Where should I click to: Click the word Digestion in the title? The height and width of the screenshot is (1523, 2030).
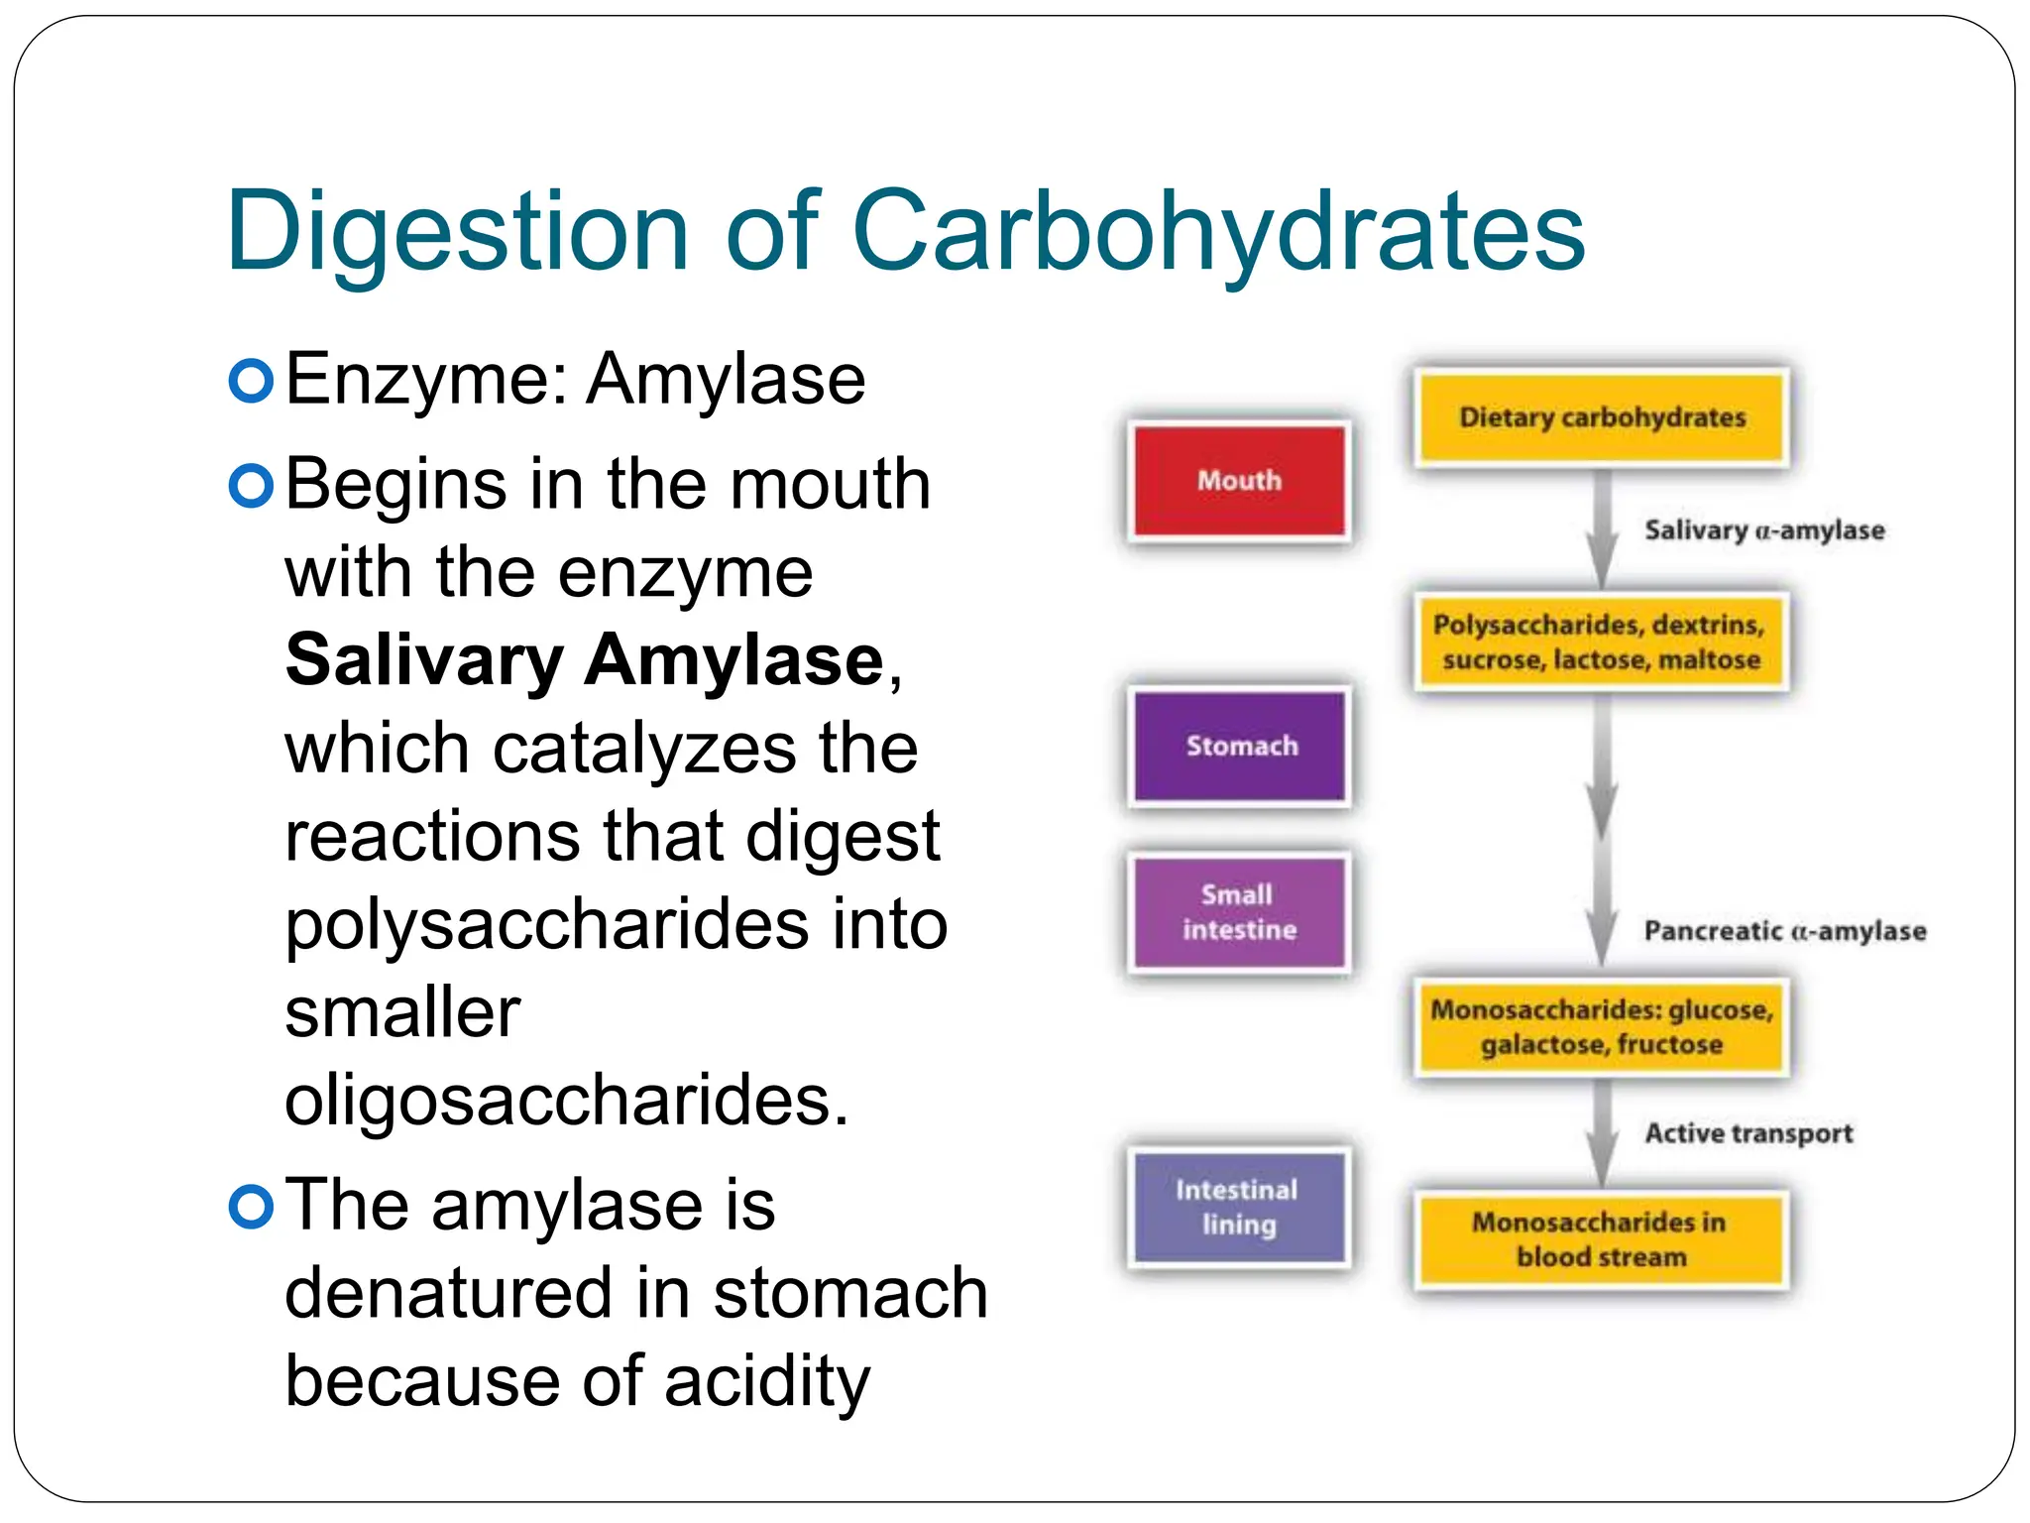pos(457,232)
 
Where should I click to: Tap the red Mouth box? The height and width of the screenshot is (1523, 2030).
pos(1239,481)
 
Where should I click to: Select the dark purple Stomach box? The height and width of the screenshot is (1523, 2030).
pos(1240,746)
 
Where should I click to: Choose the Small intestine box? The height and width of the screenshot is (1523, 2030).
pos(1239,912)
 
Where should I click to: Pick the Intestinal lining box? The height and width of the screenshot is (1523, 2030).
pos(1239,1207)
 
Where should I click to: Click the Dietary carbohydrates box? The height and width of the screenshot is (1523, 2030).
pos(1602,417)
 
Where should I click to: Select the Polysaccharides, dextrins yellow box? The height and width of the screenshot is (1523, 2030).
pos(1602,642)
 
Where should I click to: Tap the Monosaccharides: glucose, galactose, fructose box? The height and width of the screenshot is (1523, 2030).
pos(1602,1026)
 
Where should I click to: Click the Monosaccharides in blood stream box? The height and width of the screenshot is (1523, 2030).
pos(1602,1239)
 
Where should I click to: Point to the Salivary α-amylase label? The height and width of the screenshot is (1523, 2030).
pos(1764,530)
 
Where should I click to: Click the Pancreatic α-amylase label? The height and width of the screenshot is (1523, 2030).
pos(1784,931)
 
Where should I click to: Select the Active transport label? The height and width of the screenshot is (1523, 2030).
pos(1748,1132)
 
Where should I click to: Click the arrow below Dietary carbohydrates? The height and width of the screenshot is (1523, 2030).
pos(1602,530)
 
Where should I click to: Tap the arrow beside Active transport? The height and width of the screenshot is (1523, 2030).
pos(1602,1134)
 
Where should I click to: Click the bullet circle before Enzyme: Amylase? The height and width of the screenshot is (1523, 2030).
pos(251,381)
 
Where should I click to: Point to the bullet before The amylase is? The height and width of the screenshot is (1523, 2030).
pos(251,1207)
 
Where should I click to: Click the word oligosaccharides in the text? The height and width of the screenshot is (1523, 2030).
pos(566,1101)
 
